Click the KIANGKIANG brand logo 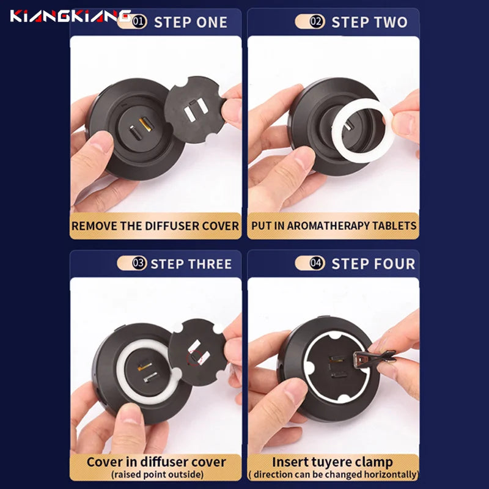point(70,16)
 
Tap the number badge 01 point(139,22)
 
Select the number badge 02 point(317,21)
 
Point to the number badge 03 point(139,263)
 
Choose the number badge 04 point(317,263)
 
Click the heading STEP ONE point(191,23)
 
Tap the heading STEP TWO point(370,22)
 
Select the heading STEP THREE point(191,264)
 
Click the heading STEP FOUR point(373,264)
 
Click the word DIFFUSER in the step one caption point(171,226)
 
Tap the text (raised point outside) point(158,475)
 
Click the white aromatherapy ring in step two point(362,131)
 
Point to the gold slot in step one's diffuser point(146,124)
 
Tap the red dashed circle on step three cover point(194,358)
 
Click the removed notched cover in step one point(195,110)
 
